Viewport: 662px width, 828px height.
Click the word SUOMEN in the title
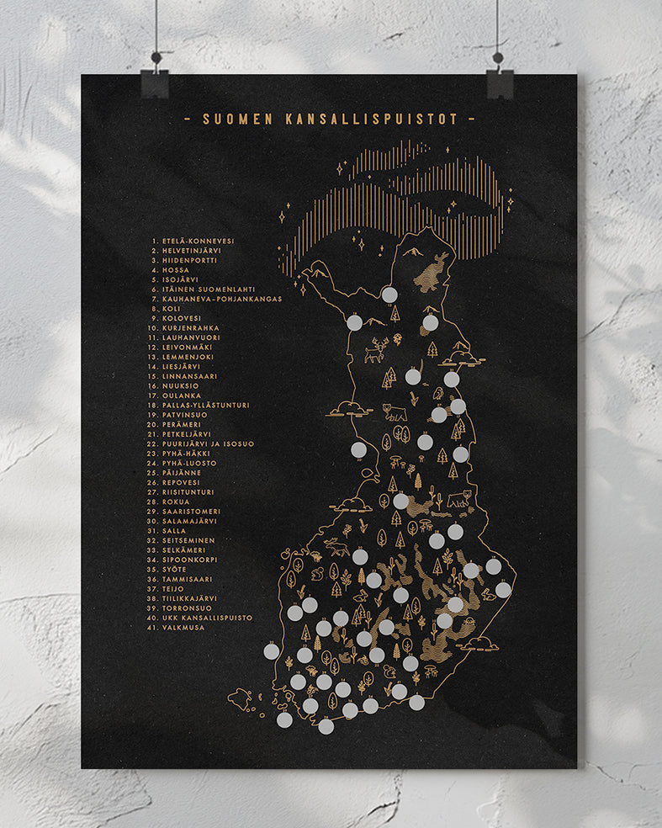[233, 119]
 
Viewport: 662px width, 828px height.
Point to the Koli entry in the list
[167, 309]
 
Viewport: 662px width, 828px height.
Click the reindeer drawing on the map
[375, 349]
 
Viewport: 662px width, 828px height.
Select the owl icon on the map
[437, 394]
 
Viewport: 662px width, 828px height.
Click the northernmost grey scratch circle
[389, 295]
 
